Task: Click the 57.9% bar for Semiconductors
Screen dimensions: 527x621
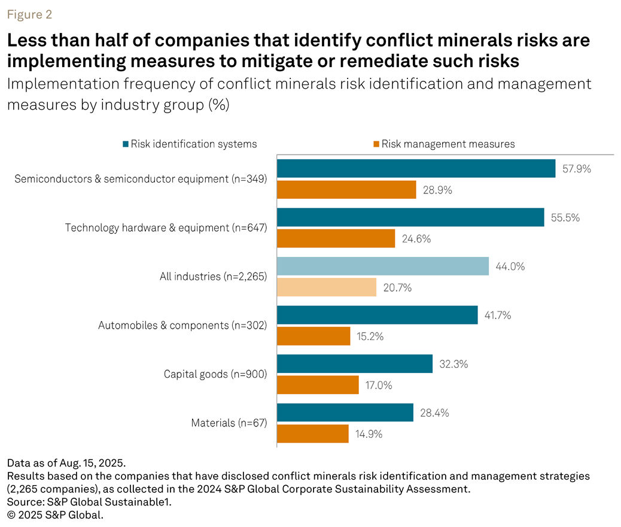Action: point(416,168)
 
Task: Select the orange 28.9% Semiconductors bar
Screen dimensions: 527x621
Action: point(346,190)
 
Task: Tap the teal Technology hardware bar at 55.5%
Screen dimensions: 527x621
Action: point(410,217)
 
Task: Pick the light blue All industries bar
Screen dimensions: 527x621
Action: point(382,266)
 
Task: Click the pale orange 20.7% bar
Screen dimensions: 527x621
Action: point(327,287)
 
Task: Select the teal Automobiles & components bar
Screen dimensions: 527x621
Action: point(377,315)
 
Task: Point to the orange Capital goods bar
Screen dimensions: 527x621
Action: point(318,385)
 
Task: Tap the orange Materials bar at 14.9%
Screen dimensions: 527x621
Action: point(313,434)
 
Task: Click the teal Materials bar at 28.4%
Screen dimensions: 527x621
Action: point(345,413)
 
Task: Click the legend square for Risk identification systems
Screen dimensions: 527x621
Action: point(125,144)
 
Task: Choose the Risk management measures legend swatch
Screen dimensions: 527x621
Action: point(376,144)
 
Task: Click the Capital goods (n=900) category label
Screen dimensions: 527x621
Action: point(215,374)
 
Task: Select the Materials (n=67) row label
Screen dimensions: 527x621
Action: point(229,423)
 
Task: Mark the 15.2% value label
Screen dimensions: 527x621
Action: point(369,337)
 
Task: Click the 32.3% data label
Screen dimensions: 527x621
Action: point(452,364)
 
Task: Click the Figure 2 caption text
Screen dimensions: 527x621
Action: point(30,15)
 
